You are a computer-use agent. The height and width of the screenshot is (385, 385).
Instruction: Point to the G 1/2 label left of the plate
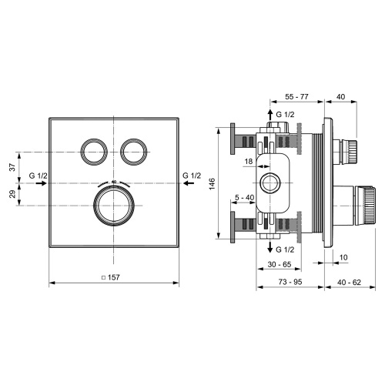click(x=38, y=176)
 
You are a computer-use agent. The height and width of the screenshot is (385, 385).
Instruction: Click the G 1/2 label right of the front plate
click(x=192, y=176)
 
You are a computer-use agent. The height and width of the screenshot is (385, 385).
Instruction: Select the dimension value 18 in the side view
click(x=249, y=161)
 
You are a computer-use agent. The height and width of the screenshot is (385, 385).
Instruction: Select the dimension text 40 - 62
click(x=347, y=283)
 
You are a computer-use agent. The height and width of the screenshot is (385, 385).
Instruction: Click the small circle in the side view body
click(x=269, y=183)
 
